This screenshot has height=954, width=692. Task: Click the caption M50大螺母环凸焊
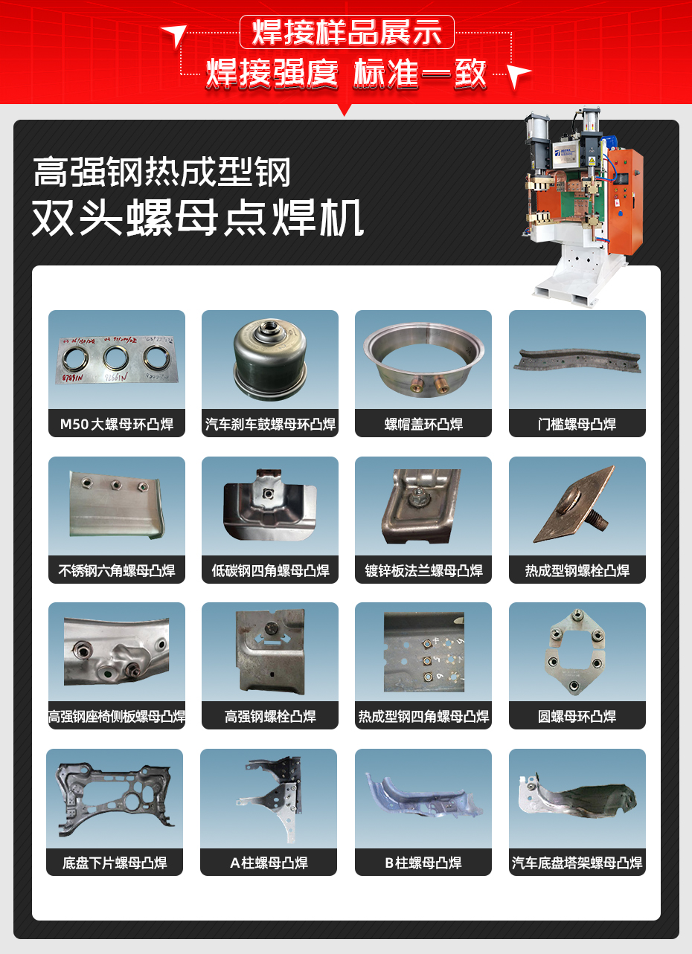117,425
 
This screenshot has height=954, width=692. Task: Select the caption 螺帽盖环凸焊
423,425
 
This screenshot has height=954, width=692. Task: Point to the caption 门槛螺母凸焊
577,425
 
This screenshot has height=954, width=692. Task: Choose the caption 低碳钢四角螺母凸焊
270,571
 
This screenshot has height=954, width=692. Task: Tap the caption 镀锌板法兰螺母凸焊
423,571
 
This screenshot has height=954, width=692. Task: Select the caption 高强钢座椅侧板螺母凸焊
117,717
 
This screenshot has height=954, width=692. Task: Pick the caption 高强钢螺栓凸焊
270,717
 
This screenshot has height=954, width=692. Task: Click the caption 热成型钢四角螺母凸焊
423,717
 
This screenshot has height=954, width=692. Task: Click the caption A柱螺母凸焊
269,863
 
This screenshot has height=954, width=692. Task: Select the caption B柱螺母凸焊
423,863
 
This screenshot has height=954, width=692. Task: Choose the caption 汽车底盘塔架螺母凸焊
577,863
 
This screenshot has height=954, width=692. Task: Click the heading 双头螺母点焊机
198,217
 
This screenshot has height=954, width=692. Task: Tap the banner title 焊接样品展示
347,33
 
